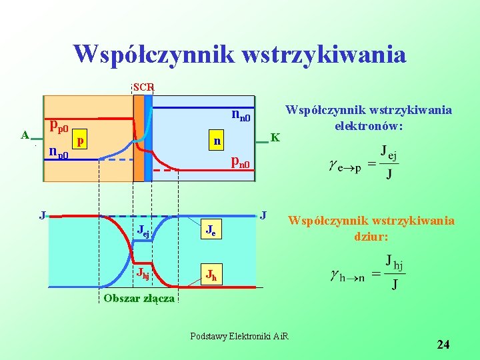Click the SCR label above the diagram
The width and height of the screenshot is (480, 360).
[143, 87]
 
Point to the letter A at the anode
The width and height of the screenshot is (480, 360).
[25, 135]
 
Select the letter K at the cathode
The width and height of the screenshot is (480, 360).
[275, 138]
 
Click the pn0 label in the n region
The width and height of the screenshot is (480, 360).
[240, 162]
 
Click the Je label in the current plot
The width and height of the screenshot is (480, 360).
[209, 232]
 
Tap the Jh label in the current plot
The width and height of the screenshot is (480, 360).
[210, 274]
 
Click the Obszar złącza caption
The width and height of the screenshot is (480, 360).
[139, 298]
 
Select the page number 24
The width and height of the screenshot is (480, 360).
[443, 345]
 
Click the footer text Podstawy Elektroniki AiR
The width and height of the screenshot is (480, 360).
[239, 335]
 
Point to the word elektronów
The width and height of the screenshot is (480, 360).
[368, 125]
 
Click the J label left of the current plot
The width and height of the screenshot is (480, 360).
[42, 215]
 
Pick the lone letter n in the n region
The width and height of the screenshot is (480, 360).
[217, 141]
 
